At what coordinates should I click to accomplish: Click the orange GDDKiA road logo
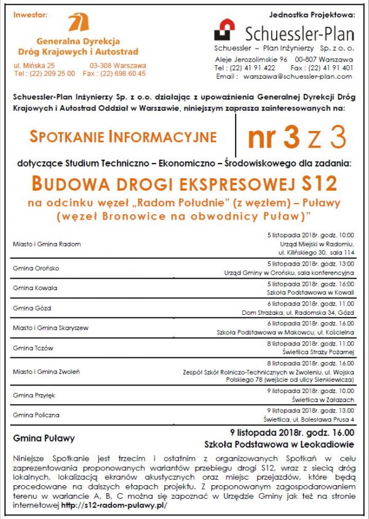pyautogui.click(x=77, y=23)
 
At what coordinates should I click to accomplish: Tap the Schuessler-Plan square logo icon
pyautogui.click(x=224, y=30)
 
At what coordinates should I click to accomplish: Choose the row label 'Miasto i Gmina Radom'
pyautogui.click(x=47, y=244)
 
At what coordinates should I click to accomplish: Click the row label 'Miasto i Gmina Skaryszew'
pyautogui.click(x=51, y=328)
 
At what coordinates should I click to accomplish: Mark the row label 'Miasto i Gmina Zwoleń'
pyautogui.click(x=46, y=371)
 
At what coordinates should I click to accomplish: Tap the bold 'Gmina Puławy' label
pyautogui.click(x=44, y=438)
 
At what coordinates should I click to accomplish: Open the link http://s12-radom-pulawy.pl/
pyautogui.click(x=114, y=505)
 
